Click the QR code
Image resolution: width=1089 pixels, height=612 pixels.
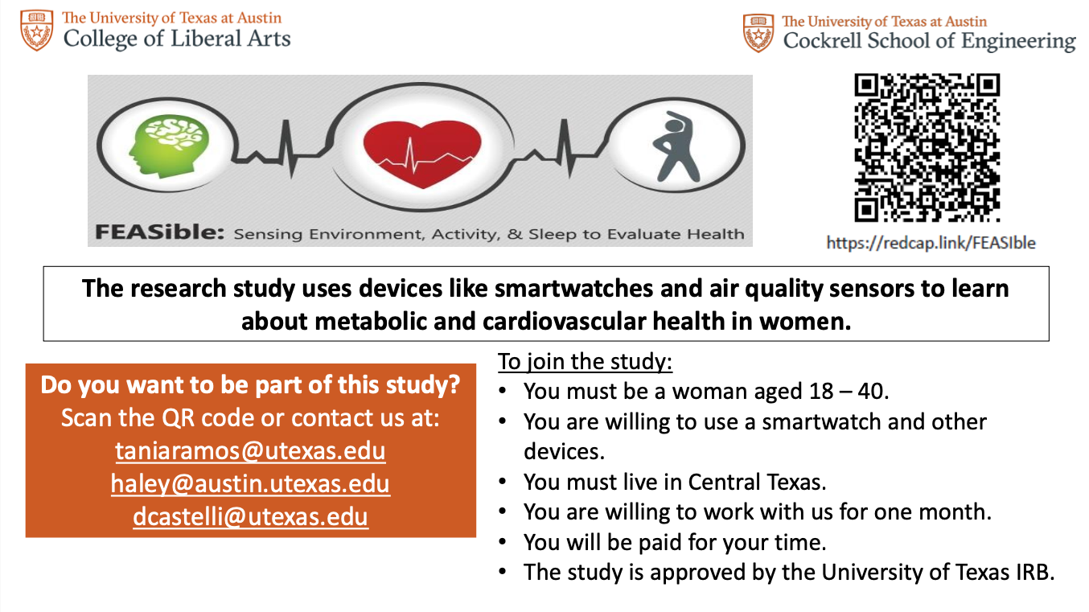coord(927,147)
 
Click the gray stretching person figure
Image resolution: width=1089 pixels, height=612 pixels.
coord(676,146)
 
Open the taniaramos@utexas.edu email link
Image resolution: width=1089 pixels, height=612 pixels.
coord(250,450)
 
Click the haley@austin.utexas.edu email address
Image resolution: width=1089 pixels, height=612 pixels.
coord(250,483)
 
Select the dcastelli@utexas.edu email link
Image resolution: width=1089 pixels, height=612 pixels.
coord(250,516)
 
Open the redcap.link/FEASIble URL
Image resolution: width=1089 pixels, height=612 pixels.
coord(931,243)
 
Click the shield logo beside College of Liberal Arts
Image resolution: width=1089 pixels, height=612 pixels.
coord(36,30)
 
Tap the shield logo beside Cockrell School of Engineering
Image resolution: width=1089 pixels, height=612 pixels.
coord(758,33)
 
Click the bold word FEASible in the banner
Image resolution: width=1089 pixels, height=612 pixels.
coord(159,232)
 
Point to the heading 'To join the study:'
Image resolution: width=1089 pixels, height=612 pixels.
coord(585,362)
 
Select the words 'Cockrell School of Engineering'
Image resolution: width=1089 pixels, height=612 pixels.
coord(929,41)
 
